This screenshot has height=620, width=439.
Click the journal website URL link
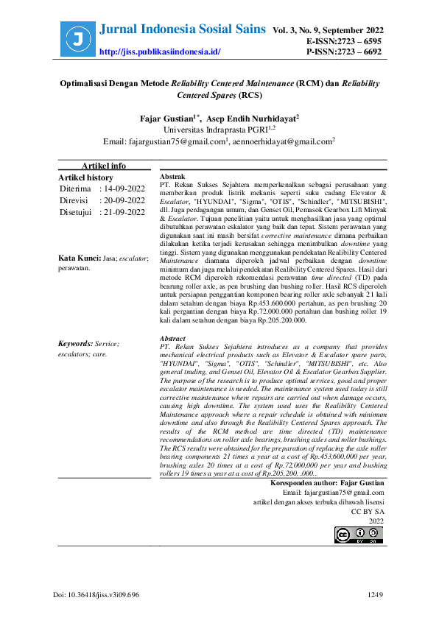pyautogui.click(x=160, y=52)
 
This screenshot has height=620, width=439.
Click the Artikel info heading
pyautogui.click(x=104, y=166)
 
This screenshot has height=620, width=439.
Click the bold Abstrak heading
pyautogui.click(x=172, y=178)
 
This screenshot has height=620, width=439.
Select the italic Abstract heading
pyautogui.click(x=173, y=338)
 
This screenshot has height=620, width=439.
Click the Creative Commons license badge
pyautogui.click(x=360, y=535)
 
